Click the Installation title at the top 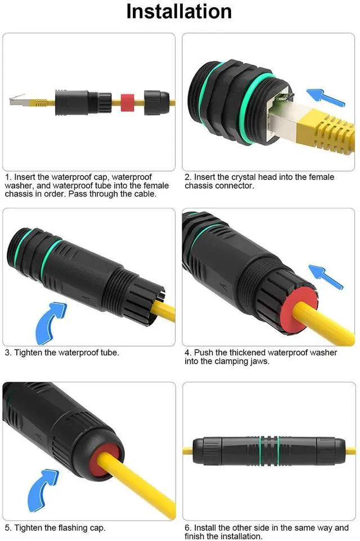(x=179, y=12)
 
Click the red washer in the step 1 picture (x=127, y=102)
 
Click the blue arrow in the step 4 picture (x=327, y=276)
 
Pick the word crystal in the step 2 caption (x=238, y=177)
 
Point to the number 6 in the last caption (x=187, y=528)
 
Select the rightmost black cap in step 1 (x=157, y=102)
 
